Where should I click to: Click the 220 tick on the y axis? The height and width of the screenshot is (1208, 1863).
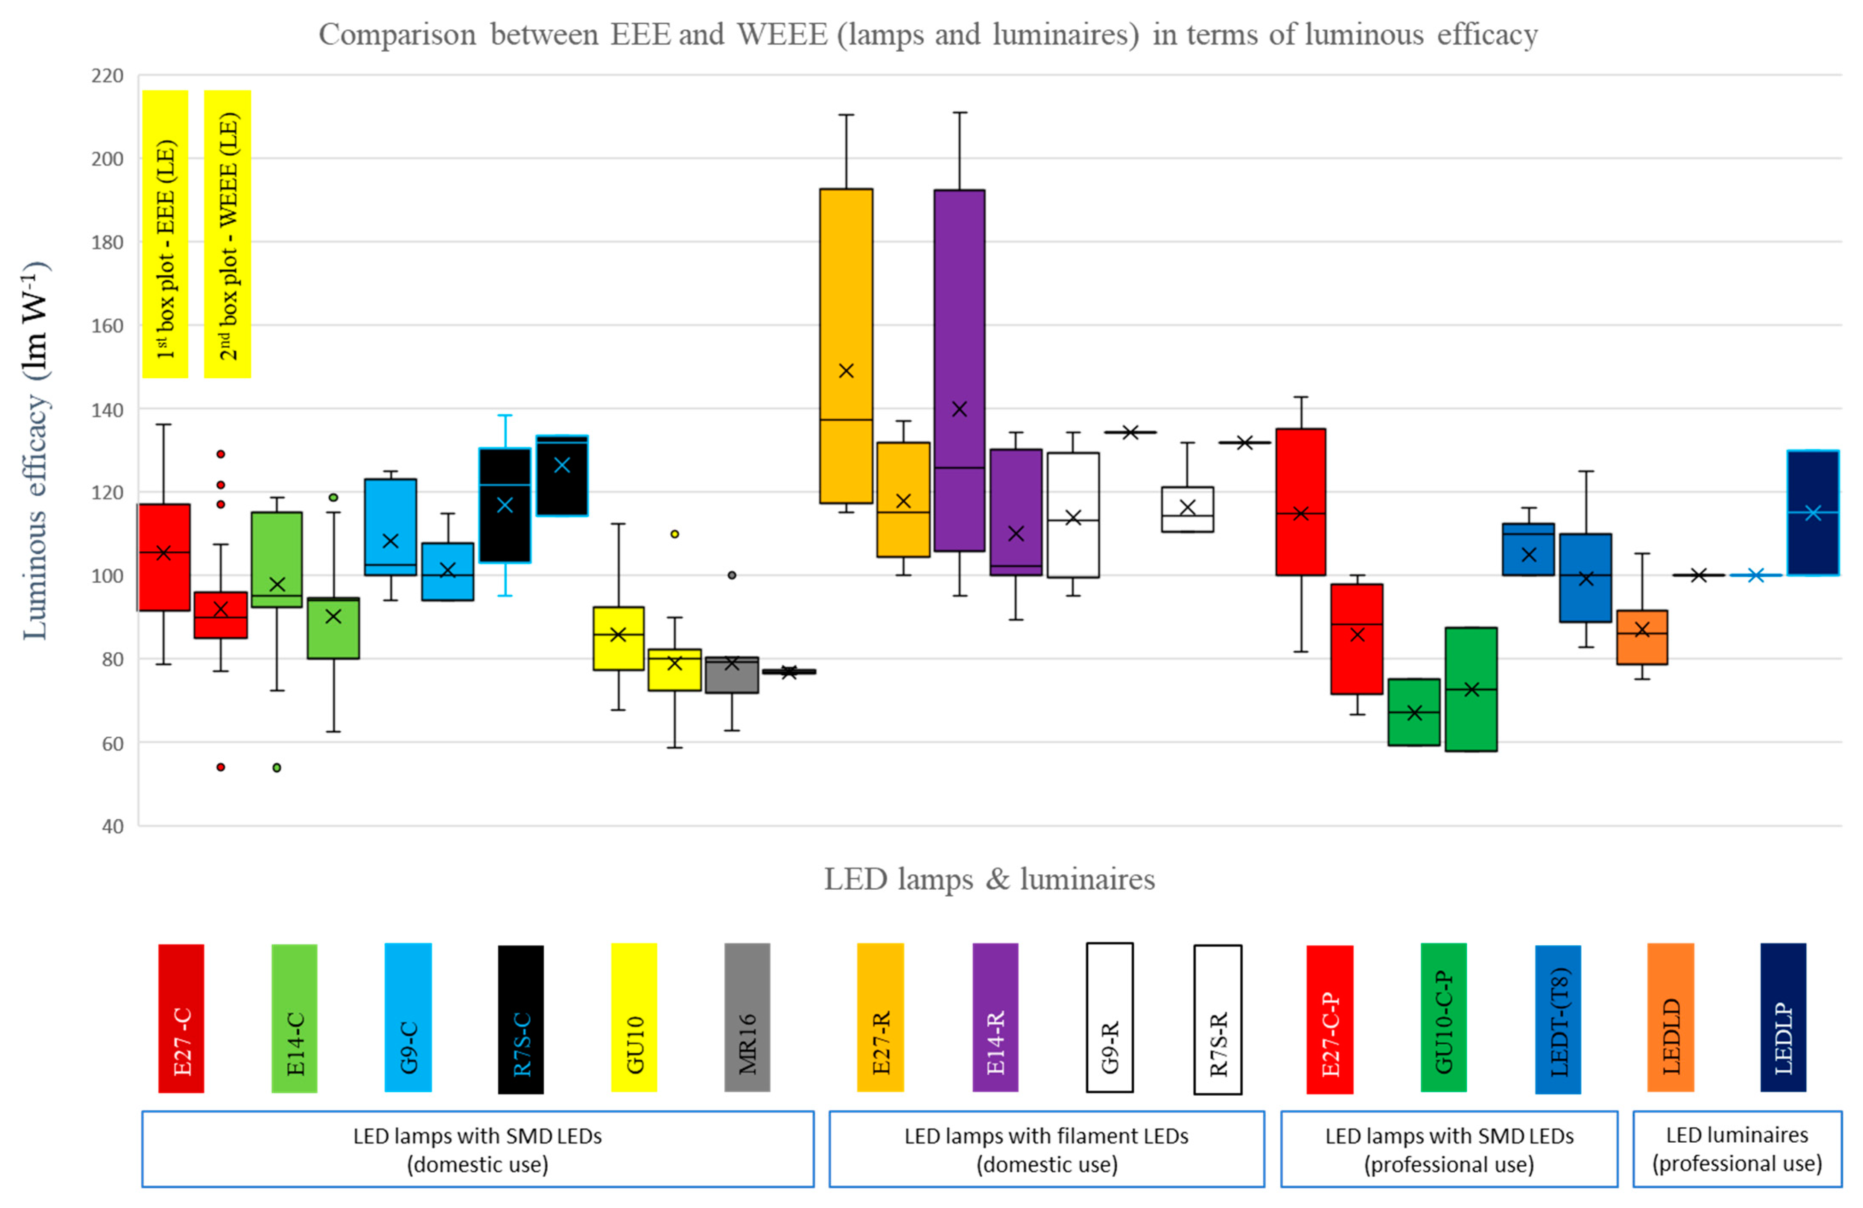click(x=107, y=76)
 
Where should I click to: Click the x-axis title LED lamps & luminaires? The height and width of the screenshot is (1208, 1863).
click(x=989, y=879)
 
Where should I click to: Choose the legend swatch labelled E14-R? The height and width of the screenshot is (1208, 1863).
click(x=995, y=1017)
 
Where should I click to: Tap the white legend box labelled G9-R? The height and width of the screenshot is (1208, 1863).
click(x=1109, y=1017)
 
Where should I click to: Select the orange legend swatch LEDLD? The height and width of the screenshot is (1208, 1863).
click(x=1670, y=1017)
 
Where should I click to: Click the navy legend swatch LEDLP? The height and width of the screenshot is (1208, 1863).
click(x=1783, y=1017)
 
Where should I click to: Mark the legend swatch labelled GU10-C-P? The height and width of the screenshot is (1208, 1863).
click(x=1443, y=1017)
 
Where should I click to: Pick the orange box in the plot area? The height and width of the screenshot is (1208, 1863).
click(x=1642, y=637)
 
